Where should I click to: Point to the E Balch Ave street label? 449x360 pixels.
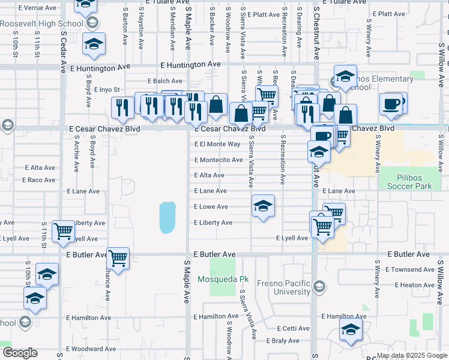(165, 81)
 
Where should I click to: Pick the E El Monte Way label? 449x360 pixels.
(217, 144)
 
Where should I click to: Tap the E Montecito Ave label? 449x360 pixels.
(218, 160)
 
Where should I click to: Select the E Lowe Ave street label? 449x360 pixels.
(211, 206)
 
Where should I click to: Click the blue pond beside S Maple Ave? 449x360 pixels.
(167, 217)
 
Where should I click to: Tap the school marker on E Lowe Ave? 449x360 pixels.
(263, 206)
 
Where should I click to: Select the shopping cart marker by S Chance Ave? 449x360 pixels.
(118, 259)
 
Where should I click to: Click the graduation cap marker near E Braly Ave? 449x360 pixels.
(351, 330)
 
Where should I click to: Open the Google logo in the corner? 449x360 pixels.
(20, 353)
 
